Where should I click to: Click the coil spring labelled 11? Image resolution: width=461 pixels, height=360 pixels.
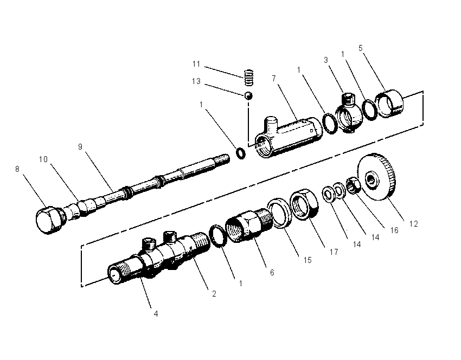point(249,78)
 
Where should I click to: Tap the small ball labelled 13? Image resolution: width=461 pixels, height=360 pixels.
point(249,96)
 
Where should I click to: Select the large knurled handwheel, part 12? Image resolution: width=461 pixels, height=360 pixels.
point(377,177)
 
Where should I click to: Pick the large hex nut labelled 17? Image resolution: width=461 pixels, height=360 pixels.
point(304,204)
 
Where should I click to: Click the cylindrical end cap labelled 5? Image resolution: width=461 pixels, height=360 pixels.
point(390,104)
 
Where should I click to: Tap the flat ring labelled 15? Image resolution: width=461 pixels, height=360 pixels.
point(279,213)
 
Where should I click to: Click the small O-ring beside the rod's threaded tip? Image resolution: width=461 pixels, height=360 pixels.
point(241,153)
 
